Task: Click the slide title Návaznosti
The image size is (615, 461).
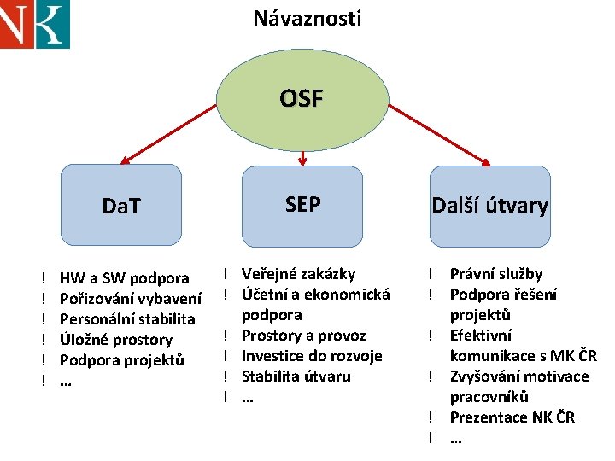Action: [307, 18]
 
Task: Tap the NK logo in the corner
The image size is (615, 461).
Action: [34, 24]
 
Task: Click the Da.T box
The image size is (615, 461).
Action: [122, 205]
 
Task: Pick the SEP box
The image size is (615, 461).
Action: [302, 205]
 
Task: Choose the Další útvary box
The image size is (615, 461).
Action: [489, 205]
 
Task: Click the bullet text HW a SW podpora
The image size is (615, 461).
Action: [125, 277]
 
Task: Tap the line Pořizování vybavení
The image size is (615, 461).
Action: [131, 298]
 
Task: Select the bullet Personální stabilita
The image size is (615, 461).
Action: [127, 318]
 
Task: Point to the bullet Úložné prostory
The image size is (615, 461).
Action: [116, 339]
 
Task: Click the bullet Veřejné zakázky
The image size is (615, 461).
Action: [298, 274]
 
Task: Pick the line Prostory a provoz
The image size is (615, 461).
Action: [303, 336]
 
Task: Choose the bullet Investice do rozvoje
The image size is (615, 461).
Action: [312, 356]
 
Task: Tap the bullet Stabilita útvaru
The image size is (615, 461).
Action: [296, 376]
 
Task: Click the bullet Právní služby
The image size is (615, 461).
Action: [495, 274]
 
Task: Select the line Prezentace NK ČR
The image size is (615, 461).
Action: [512, 417]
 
